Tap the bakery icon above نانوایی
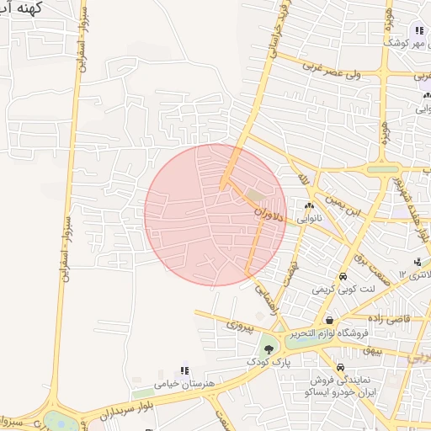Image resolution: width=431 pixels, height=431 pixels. coord(309,205)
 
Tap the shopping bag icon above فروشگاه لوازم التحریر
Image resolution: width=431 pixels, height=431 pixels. coord(329,321)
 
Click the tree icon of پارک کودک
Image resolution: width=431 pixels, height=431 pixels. coord(268,348)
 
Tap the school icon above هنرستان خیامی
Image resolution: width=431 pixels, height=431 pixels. coord(184,370)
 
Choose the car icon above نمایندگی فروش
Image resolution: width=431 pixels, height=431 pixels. coord(340,368)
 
